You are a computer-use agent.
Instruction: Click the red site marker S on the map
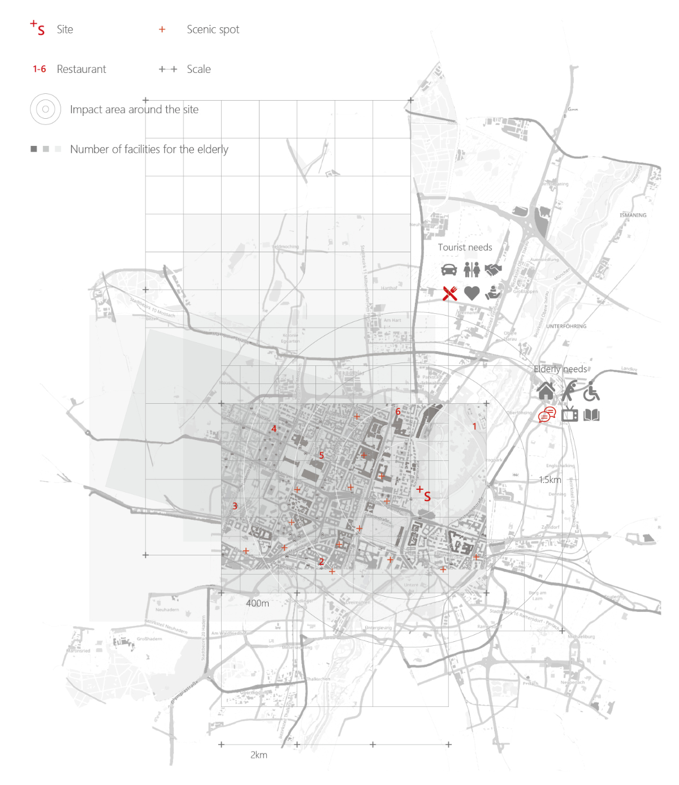coord(427,497)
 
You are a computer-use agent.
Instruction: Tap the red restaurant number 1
coord(474,426)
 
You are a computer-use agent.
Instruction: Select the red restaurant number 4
coord(274,429)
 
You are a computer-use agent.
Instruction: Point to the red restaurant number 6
coord(398,412)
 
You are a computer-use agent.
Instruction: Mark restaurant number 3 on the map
coord(235,506)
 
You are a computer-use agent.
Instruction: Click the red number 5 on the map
coord(321,455)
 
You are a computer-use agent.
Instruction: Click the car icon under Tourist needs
coord(449,269)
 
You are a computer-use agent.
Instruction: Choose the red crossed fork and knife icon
coord(450,293)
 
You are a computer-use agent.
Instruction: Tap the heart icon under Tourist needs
coord(472,293)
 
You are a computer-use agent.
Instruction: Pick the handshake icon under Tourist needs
coord(493,269)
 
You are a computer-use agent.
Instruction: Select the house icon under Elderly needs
coord(546,391)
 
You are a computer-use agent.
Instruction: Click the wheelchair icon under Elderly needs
coord(591,391)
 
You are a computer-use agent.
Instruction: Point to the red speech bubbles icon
coord(547,415)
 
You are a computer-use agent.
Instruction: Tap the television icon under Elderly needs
coord(570,415)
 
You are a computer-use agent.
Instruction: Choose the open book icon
coord(591,415)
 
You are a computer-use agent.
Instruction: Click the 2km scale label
coord(259,755)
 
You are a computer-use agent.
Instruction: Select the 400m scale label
coord(257,603)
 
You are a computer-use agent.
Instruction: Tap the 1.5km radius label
coord(550,480)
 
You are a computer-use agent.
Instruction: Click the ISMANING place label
coord(633,215)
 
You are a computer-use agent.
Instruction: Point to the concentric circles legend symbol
coord(45,109)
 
